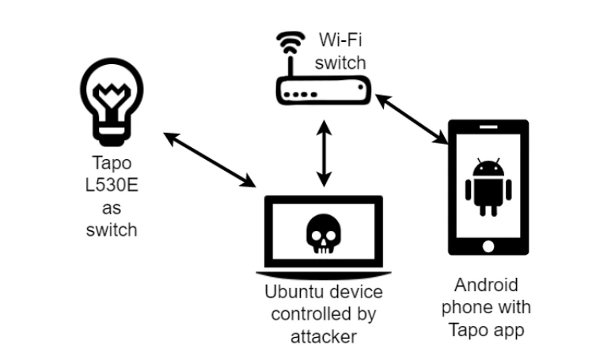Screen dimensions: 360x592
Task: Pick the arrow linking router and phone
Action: tap(412, 119)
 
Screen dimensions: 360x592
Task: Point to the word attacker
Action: tap(324, 335)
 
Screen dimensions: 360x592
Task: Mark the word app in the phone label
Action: tap(508, 327)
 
